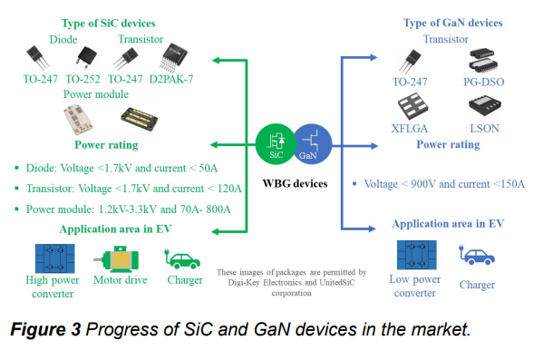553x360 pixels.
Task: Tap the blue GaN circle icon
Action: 308,141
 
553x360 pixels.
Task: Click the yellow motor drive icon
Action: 121,258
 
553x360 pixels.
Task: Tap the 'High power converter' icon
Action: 53,257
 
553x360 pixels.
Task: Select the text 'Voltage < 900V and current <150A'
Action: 444,183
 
